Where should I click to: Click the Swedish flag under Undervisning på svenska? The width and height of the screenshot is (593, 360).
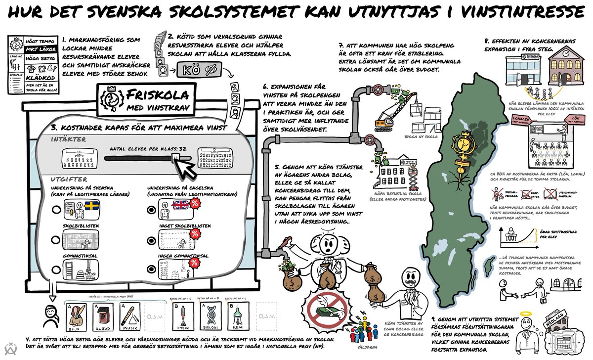[91, 205]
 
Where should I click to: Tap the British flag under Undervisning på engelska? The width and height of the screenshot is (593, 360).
[180, 205]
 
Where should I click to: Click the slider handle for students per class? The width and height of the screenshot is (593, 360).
[174, 158]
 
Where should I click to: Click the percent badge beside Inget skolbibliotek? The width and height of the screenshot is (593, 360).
[195, 233]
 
